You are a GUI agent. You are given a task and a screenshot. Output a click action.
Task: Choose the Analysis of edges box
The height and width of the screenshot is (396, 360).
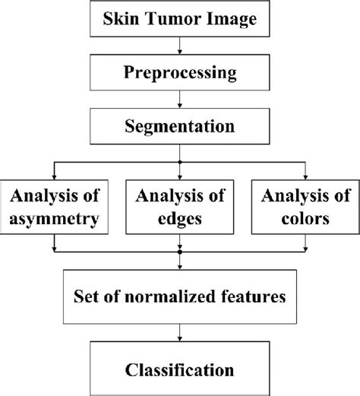[x=180, y=206]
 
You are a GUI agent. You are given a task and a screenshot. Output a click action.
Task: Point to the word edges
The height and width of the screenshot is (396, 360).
[x=180, y=220]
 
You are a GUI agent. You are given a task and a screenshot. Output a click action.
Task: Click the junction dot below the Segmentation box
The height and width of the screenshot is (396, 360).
[x=180, y=161]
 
